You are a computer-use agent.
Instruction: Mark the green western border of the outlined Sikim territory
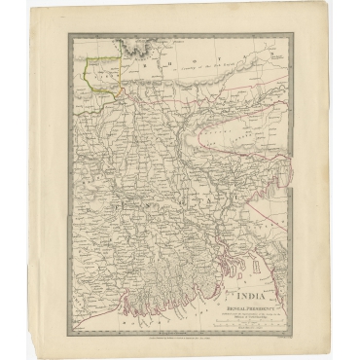tap(86, 78)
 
